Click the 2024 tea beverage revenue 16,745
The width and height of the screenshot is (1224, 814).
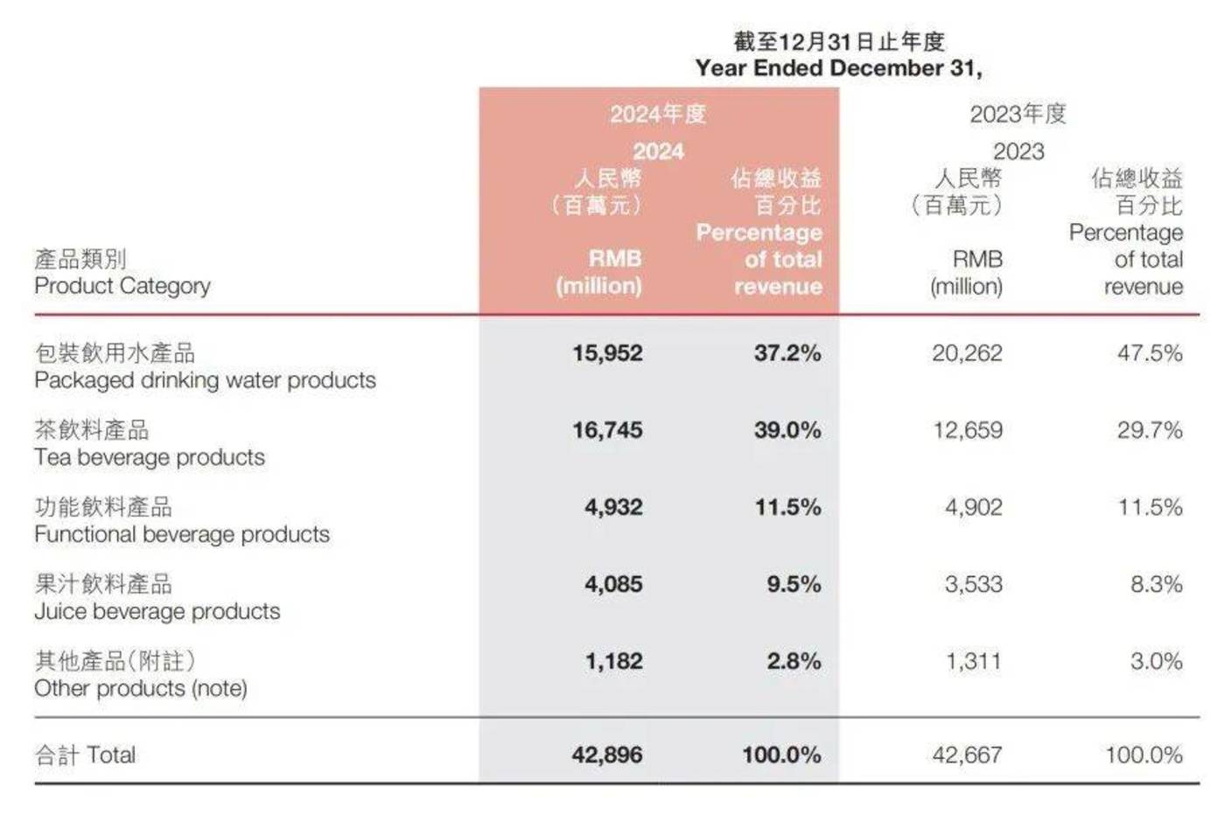click(x=607, y=430)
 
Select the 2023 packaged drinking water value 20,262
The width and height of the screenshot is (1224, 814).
click(x=967, y=353)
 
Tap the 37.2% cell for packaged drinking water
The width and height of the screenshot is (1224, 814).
click(x=787, y=353)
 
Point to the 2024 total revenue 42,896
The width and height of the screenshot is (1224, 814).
click(x=607, y=755)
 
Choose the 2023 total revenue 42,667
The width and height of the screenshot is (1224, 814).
click(x=967, y=755)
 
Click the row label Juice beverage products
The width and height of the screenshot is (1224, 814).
click(x=157, y=611)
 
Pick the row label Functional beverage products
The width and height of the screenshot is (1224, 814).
click(x=182, y=534)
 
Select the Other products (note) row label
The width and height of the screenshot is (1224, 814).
click(x=141, y=688)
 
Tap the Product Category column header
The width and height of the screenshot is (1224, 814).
click(x=122, y=286)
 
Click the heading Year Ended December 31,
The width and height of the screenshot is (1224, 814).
click(x=838, y=68)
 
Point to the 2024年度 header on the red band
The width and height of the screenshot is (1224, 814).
click(x=658, y=114)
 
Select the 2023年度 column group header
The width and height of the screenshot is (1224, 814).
click(x=1018, y=114)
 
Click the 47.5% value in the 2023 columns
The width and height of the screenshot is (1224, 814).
click(x=1150, y=353)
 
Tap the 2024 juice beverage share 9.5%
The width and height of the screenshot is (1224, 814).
click(x=794, y=584)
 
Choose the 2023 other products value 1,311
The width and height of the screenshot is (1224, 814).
click(x=973, y=661)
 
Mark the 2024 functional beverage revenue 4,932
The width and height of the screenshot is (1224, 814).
click(x=613, y=507)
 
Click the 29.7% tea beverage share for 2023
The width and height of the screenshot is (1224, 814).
click(x=1150, y=430)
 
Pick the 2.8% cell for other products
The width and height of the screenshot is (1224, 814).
click(x=794, y=661)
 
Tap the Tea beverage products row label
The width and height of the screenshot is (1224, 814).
click(x=150, y=457)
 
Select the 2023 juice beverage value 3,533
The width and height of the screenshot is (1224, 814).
click(x=973, y=584)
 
